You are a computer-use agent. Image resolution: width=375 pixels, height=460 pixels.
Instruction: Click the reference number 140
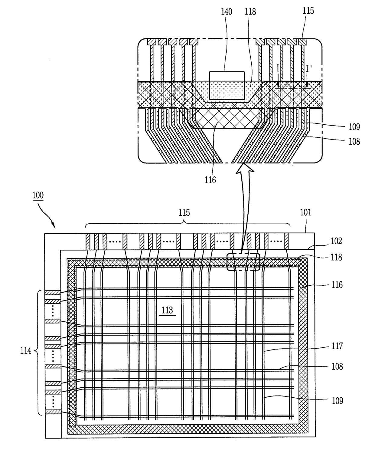click(227, 11)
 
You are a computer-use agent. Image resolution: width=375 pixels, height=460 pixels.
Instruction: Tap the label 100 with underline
click(38, 195)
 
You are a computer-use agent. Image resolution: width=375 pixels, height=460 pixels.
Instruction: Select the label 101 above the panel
click(306, 212)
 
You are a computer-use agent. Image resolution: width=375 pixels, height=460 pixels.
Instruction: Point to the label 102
click(336, 241)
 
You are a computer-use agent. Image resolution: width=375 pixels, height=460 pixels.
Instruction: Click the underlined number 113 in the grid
click(167, 310)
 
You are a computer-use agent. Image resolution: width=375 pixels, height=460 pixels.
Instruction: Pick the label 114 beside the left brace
click(26, 351)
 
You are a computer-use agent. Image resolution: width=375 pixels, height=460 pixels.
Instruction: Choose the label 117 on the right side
click(337, 346)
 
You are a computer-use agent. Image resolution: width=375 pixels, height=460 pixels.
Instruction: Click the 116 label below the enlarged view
click(210, 180)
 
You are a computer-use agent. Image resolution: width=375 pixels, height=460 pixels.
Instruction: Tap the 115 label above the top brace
click(184, 213)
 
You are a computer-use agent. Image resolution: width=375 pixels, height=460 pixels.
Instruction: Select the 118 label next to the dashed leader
click(336, 257)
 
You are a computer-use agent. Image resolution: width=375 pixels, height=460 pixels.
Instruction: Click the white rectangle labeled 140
click(227, 86)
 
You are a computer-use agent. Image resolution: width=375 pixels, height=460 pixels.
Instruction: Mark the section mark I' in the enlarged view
click(309, 69)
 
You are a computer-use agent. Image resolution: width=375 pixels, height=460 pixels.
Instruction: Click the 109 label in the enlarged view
click(354, 127)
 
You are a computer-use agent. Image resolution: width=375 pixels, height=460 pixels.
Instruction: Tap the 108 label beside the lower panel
click(337, 367)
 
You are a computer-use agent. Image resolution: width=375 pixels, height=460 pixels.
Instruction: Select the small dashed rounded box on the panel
click(243, 262)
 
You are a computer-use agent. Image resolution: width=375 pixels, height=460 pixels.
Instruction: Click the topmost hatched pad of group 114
click(53, 293)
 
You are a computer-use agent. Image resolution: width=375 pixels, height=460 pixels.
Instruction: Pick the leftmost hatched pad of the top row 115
click(88, 242)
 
